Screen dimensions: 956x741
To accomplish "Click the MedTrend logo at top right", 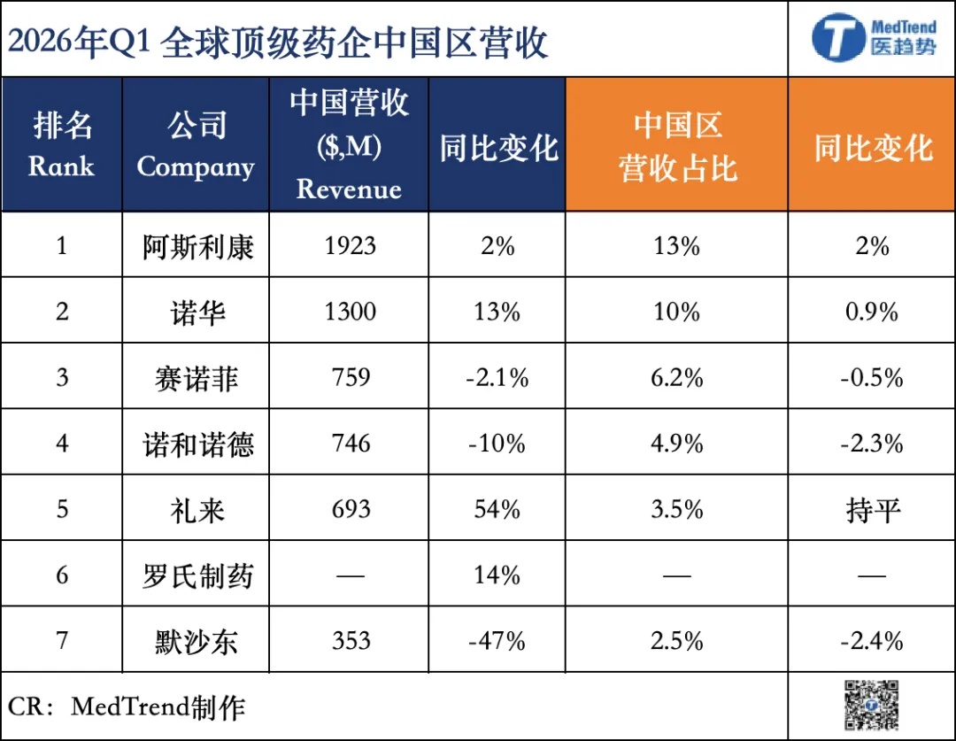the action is pyautogui.click(x=873, y=37).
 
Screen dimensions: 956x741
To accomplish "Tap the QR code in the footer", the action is pyautogui.click(x=871, y=705).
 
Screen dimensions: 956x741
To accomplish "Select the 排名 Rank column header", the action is pyautogui.click(x=62, y=144).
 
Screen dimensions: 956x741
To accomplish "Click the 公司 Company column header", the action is pyautogui.click(x=196, y=144).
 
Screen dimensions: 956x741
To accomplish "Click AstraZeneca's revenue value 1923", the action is pyautogui.click(x=350, y=246).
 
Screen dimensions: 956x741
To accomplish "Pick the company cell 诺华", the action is pyautogui.click(x=197, y=313).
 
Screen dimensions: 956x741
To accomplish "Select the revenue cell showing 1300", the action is pyautogui.click(x=350, y=312).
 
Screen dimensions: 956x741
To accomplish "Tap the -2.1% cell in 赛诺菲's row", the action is pyautogui.click(x=497, y=377).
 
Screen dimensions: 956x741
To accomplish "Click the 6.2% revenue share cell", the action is pyautogui.click(x=677, y=377).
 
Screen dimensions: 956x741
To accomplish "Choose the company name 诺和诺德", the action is pyautogui.click(x=197, y=444).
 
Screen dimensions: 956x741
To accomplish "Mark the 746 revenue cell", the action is pyautogui.click(x=351, y=444).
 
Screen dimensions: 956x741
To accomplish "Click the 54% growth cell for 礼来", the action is pyautogui.click(x=497, y=509).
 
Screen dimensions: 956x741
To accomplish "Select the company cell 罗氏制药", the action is pyautogui.click(x=197, y=576).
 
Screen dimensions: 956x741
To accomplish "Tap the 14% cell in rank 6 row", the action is pyautogui.click(x=497, y=575).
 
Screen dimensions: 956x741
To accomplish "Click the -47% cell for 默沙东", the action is pyautogui.click(x=497, y=641).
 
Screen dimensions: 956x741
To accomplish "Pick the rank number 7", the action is pyautogui.click(x=62, y=641).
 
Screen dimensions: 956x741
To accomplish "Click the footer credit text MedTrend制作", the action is pyautogui.click(x=158, y=707).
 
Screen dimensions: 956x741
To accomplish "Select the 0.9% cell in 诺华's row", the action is pyautogui.click(x=872, y=312).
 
